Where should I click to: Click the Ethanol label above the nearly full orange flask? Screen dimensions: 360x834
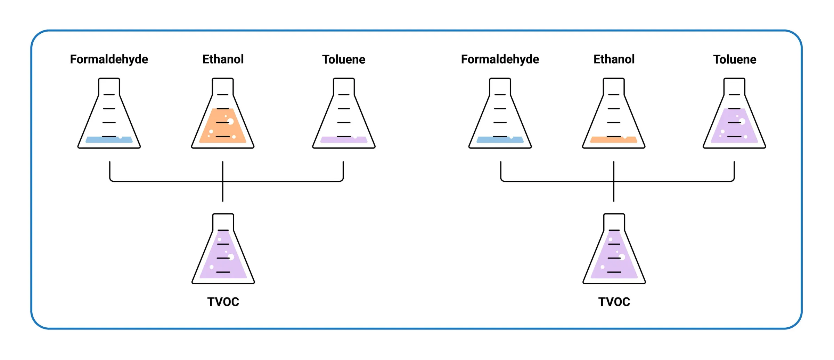223,59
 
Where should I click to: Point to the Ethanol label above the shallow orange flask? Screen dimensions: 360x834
614,59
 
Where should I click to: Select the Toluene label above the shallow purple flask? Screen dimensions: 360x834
344,59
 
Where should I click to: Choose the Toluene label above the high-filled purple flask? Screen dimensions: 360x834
735,59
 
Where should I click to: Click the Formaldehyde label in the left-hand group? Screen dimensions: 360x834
109,59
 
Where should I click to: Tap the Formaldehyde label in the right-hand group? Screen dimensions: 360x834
500,59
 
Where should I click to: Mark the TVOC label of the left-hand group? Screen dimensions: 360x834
223,302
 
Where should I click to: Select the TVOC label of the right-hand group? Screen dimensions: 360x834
614,302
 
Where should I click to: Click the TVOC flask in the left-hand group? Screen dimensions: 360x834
223,257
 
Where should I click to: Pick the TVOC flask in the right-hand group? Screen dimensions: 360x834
614,257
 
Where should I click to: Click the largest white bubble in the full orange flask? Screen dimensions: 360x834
230,122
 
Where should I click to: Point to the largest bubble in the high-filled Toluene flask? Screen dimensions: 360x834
742,122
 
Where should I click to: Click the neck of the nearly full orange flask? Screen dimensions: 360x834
223,86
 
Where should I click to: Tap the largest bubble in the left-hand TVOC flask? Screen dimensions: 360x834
231,257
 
